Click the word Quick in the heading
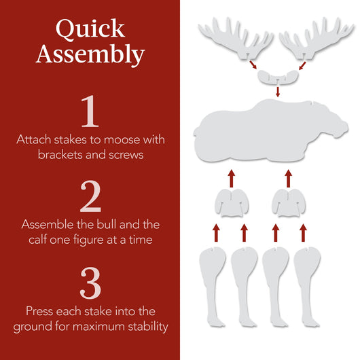click(90, 29)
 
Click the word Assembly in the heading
click(90, 54)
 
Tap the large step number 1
click(90, 113)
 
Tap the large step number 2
click(90, 197)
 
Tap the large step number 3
click(90, 283)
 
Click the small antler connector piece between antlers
click(276, 75)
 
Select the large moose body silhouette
click(272, 129)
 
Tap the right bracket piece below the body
click(288, 203)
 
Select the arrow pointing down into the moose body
click(277, 92)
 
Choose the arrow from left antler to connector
click(253, 65)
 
